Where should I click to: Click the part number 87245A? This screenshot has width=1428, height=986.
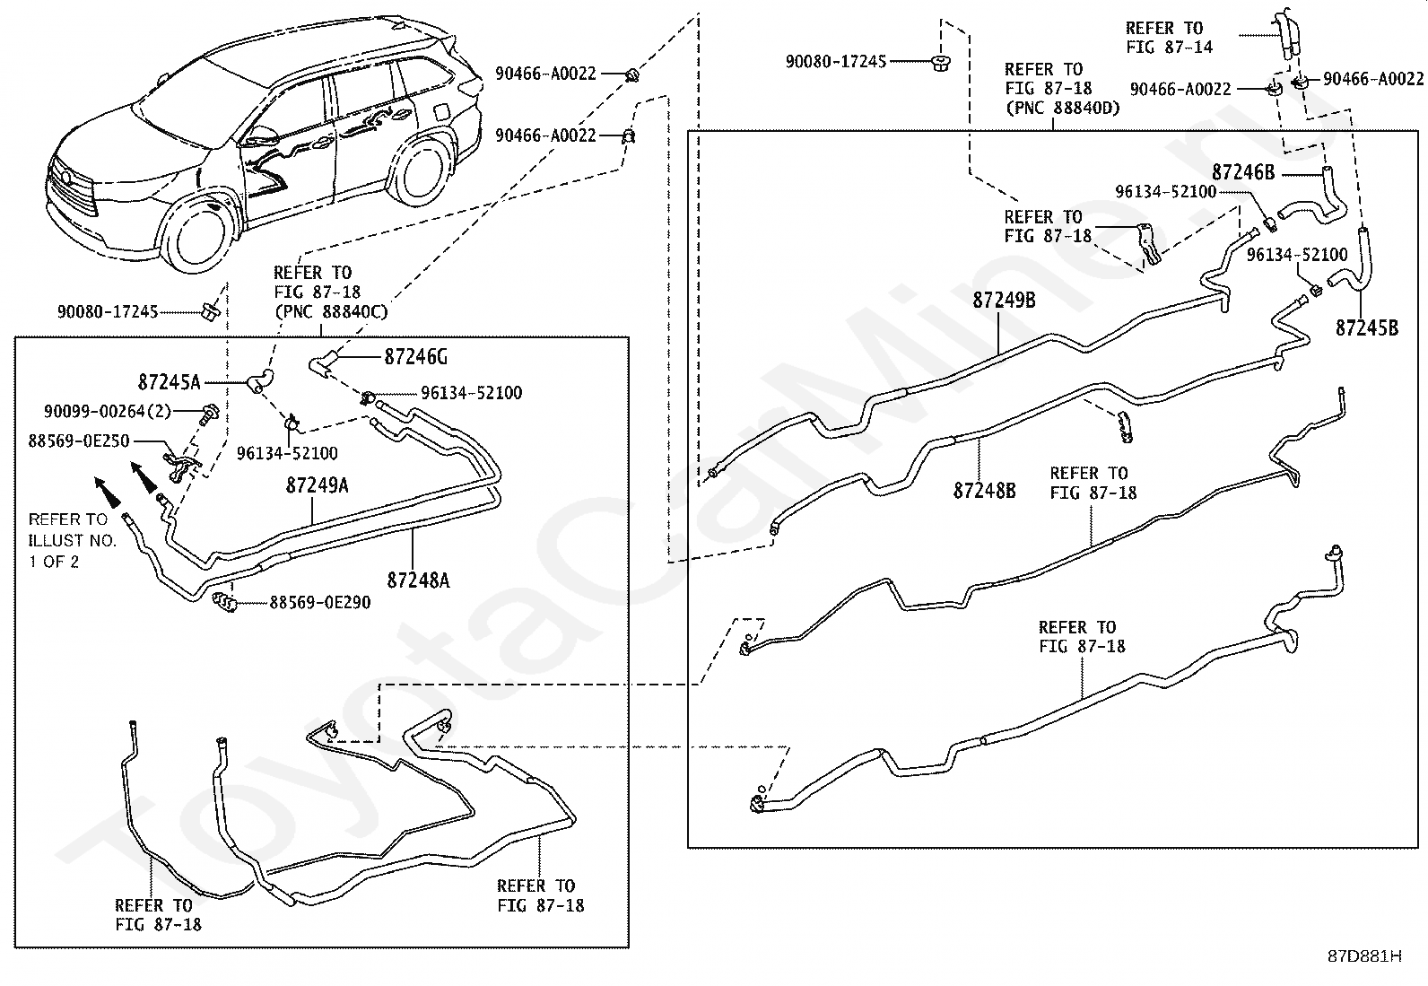[x=169, y=381]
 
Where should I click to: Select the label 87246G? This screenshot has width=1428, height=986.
[x=415, y=357]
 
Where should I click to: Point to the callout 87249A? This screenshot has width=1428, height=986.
[x=317, y=485]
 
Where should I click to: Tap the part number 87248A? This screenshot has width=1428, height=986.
[x=418, y=580]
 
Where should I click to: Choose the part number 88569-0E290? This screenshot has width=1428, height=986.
[x=320, y=602]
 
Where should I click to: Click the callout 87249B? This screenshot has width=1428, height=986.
[x=1004, y=301]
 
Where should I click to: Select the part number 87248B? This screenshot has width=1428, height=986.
[x=984, y=491]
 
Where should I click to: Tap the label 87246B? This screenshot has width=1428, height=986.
[x=1242, y=172]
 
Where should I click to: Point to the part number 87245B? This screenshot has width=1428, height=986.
[x=1367, y=328]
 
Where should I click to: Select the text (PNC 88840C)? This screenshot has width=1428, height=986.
[x=320, y=311]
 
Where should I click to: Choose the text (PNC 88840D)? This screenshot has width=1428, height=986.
[x=1062, y=109]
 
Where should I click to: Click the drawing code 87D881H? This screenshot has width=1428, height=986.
[x=1364, y=956]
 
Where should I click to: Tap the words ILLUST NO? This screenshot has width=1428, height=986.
[x=72, y=541]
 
